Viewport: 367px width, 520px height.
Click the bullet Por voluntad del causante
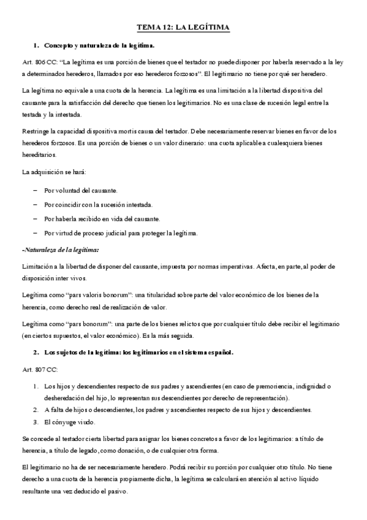81,191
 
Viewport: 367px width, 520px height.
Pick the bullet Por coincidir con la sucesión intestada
98,205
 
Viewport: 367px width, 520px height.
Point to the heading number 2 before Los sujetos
36,353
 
